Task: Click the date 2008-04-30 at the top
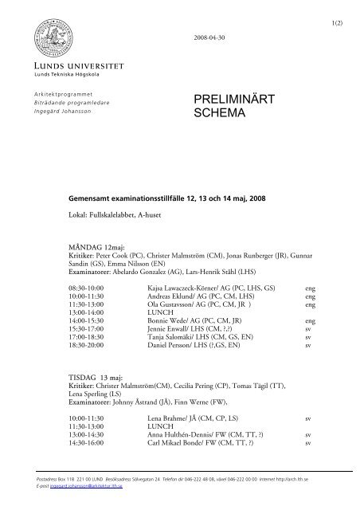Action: (x=209, y=38)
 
